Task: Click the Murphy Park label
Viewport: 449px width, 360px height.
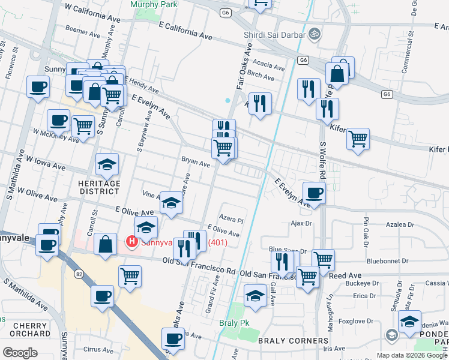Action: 151,4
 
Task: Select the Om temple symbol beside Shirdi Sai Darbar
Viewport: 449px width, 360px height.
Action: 313,32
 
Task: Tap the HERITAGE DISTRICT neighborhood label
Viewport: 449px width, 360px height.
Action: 98,187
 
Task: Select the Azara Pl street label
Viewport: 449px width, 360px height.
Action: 232,220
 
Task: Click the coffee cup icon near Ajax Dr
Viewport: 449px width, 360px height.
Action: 314,193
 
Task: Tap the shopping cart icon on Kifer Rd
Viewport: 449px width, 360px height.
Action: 358,139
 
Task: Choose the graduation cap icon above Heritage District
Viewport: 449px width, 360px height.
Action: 107,164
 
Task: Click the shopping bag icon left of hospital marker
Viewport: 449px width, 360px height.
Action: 105,244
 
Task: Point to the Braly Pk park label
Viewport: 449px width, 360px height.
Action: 234,323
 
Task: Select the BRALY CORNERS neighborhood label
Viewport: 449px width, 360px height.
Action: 293,341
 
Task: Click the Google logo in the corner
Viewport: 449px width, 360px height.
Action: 20,352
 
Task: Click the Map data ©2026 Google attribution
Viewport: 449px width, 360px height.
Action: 412,355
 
